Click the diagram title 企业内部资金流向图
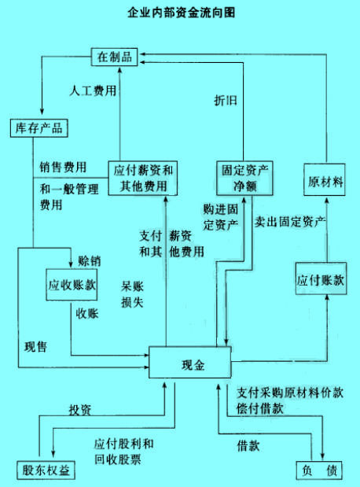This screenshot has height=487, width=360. pos(181,13)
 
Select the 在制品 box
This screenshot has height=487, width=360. pos(114,57)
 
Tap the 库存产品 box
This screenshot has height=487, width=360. pos(39,128)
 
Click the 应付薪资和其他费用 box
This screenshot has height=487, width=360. pos(143,178)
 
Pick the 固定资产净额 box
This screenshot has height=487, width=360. pos(244,178)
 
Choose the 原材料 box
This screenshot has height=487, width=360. pos(325,179)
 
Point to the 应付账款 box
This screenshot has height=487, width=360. pos(321,279)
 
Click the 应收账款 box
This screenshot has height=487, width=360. pos(72,285)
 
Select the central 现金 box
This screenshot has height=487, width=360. pos(190,362)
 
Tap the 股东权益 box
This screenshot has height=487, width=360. pos(46,470)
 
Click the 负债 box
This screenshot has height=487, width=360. pos(319,470)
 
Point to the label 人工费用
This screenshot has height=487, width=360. pos(93,90)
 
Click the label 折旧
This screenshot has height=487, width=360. pos(226,101)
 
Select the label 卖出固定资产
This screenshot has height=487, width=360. pos(290,222)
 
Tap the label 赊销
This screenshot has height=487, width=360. pos(90,261)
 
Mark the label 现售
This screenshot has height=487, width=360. pos(35,347)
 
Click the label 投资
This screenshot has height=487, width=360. pos(80,410)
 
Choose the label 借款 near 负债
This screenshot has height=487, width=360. pos(248,446)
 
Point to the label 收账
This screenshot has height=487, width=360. pos(87,314)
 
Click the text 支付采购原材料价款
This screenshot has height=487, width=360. pos(290,393)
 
